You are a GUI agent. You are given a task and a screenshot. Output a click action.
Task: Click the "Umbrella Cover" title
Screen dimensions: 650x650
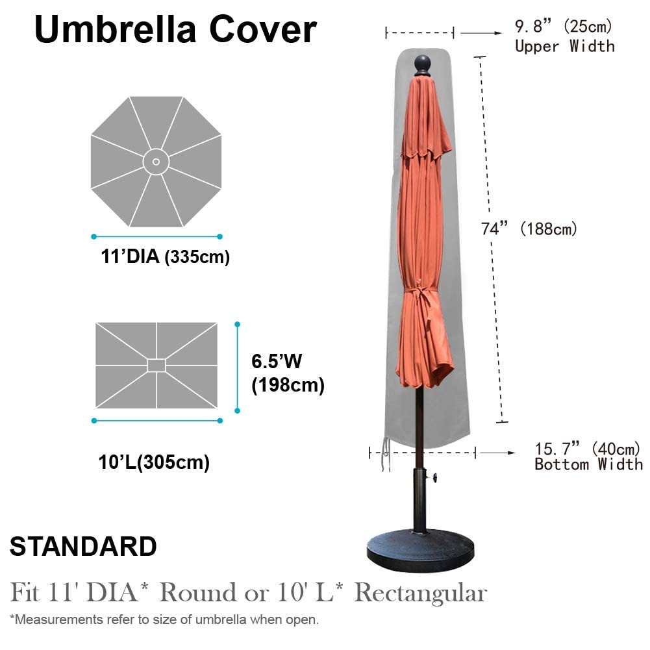(x=175, y=29)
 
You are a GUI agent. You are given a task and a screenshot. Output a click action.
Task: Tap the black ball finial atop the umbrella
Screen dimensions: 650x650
(x=423, y=64)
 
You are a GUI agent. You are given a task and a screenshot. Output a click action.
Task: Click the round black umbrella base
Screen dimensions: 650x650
(x=420, y=553)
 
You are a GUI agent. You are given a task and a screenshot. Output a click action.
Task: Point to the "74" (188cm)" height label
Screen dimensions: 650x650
(x=529, y=229)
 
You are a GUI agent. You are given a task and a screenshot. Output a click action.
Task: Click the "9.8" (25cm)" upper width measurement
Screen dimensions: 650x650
(x=564, y=27)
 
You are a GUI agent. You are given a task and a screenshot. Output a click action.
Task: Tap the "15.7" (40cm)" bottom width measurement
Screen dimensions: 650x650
(x=587, y=448)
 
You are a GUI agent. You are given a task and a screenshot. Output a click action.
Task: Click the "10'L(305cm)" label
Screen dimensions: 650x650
(x=154, y=462)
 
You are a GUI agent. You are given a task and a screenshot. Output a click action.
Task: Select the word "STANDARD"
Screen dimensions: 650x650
(x=83, y=547)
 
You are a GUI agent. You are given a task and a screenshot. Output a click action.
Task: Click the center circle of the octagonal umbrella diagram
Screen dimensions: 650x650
(x=156, y=161)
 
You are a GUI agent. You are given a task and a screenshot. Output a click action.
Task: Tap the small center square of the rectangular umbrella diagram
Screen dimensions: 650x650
(x=156, y=365)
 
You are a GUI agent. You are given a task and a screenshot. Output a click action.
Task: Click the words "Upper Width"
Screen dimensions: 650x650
(x=564, y=46)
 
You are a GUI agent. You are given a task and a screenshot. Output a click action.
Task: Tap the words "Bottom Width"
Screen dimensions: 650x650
(x=588, y=464)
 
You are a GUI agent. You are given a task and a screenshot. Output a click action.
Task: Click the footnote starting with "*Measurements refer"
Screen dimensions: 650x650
(x=164, y=619)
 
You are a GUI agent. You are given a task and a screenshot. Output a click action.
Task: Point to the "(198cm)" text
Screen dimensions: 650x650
(x=288, y=386)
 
